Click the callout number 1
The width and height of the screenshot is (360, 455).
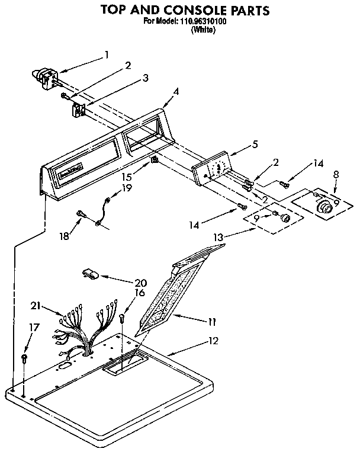[x=106, y=55]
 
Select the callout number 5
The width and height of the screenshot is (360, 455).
[x=255, y=143]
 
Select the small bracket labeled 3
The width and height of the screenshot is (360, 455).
[x=80, y=109]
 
